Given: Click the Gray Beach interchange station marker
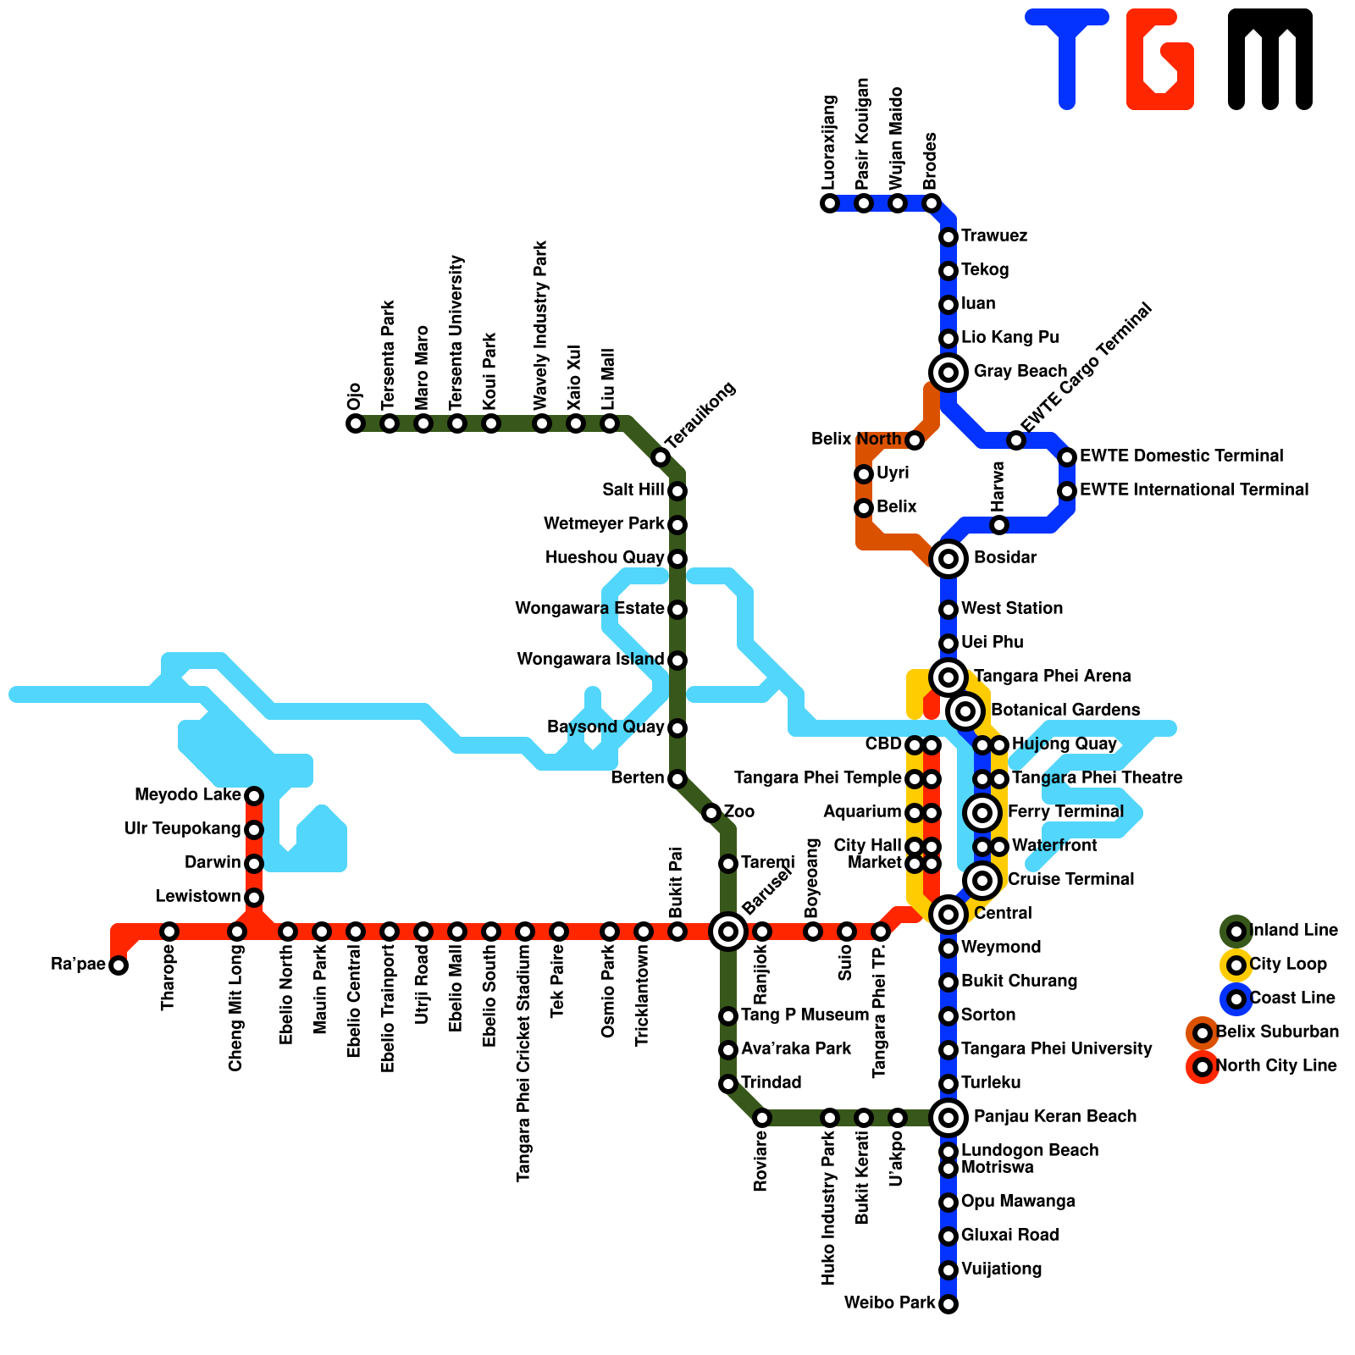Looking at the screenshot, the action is (948, 372).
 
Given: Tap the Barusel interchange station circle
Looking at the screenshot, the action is (728, 932).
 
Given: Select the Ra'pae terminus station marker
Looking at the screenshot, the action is (119, 965).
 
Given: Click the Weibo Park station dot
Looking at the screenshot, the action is (948, 1304).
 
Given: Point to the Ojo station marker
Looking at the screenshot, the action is (356, 423).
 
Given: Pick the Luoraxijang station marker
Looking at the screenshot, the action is (830, 203).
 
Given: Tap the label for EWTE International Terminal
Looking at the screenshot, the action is (1194, 490).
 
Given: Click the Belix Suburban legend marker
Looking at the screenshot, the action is (1203, 1033).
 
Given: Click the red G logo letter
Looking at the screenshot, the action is (1160, 59).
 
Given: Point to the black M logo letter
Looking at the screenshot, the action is (1270, 59).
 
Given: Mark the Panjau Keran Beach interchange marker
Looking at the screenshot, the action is (948, 1118).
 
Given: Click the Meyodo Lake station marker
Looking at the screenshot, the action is (254, 796).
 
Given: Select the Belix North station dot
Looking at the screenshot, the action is (915, 440).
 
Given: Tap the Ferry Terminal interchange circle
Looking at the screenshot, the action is (982, 813).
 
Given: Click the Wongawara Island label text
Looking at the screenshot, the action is (590, 660).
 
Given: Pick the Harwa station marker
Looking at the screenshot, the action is (999, 525).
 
